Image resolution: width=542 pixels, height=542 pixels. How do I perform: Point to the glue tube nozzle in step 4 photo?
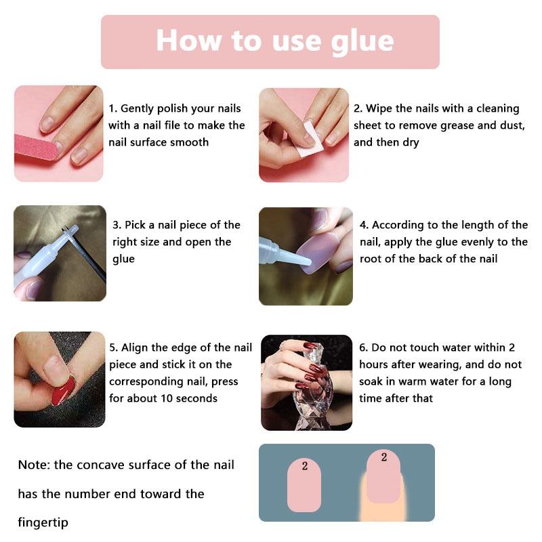point(295,256)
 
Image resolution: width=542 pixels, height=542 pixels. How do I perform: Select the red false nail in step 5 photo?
point(63,391)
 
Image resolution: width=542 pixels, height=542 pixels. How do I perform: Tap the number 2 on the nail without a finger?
point(304,465)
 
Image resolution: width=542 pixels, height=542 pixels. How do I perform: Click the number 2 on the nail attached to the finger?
point(384,457)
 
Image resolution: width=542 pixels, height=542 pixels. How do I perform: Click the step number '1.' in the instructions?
point(113,108)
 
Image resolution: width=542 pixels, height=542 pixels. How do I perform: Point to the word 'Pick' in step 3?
point(135,225)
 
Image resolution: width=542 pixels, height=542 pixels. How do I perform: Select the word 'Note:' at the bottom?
point(35,465)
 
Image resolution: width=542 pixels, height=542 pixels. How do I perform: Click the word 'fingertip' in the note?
point(43,522)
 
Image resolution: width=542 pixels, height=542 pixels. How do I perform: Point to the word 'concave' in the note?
point(99,465)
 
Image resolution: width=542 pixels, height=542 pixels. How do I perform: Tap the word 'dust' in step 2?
point(513,125)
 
